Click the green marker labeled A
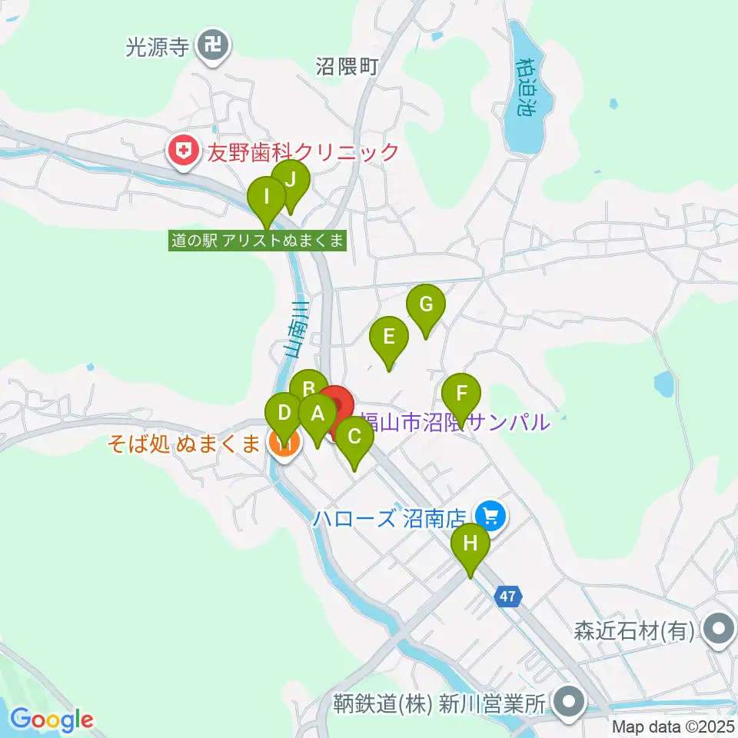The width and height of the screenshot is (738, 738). coord(317,416)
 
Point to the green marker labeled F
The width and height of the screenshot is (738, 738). coord(461,395)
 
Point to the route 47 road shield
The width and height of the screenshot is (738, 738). coord(509,596)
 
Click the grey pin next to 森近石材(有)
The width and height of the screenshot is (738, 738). coord(718,630)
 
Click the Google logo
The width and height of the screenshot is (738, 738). coord(52,720)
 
